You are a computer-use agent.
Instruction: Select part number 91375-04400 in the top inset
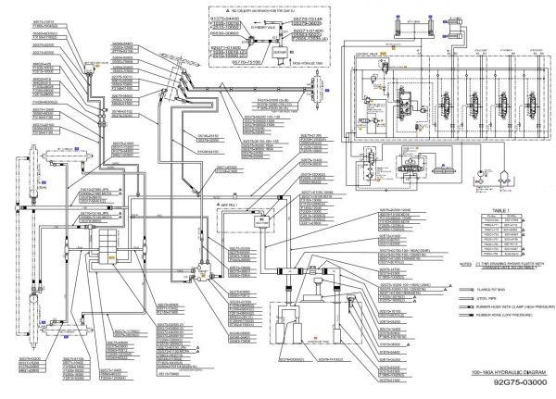click(x=224, y=18)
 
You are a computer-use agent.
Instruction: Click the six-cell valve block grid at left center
click(x=108, y=245)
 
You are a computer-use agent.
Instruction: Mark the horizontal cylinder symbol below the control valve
click(x=411, y=172)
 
